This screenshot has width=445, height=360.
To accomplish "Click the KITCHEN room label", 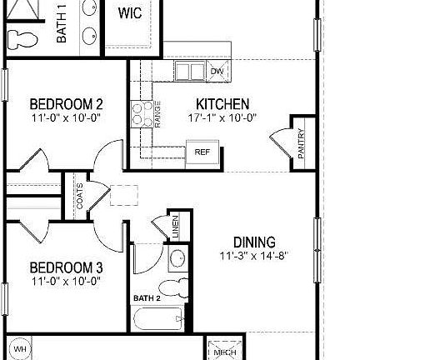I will click(x=222, y=104).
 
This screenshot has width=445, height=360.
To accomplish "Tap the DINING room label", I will click(x=254, y=242).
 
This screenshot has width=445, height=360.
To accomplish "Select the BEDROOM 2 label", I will click(x=66, y=104).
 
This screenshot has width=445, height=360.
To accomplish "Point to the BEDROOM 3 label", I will click(x=66, y=267).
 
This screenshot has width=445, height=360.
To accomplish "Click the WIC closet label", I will click(x=129, y=13).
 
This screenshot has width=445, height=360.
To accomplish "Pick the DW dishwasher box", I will click(x=217, y=72).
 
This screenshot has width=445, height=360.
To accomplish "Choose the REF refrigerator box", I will click(x=202, y=152).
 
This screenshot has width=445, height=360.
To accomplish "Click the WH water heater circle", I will click(x=20, y=348).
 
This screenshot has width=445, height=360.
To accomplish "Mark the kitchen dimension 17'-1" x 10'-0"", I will click(x=222, y=118).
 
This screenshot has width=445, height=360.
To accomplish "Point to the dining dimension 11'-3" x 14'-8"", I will click(x=254, y=257).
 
